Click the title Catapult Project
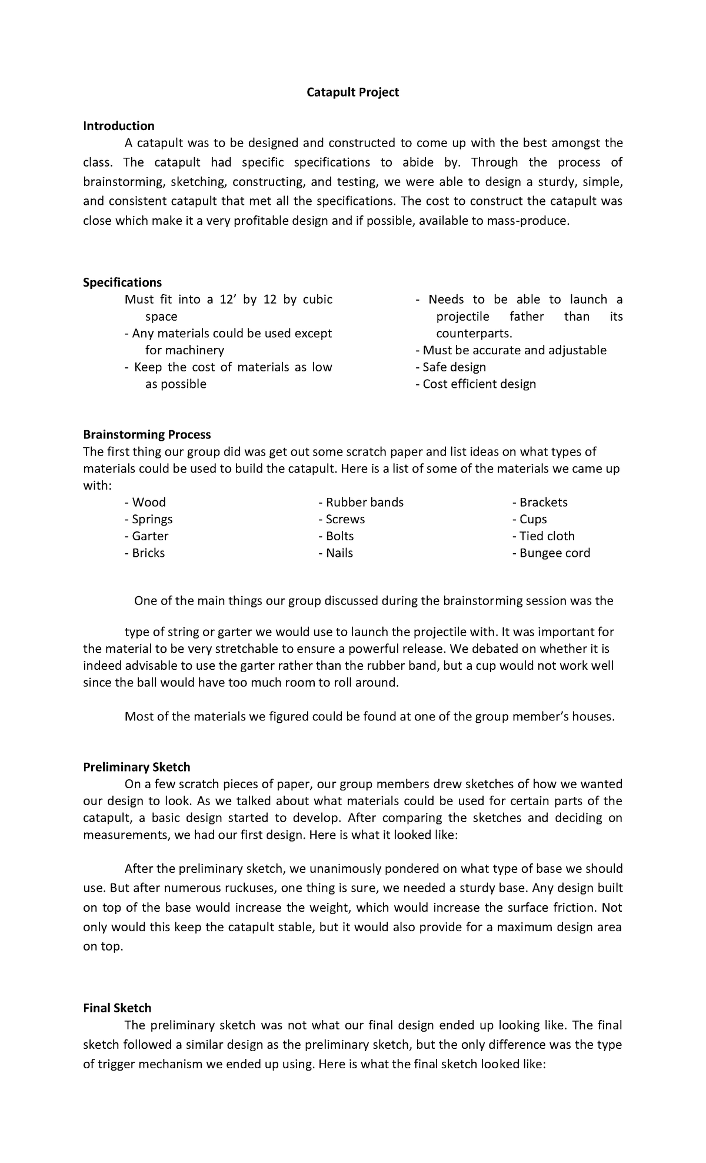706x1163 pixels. point(352,92)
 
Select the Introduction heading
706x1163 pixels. point(118,126)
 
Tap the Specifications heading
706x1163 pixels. point(122,283)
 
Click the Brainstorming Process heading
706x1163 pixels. point(146,434)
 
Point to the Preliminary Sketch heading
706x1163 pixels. point(136,767)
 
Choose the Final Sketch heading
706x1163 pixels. point(117,1008)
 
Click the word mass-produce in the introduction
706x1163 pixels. point(534,221)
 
